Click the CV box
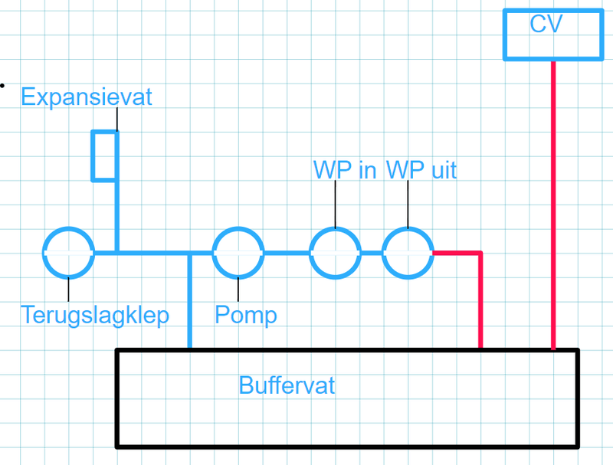pos(552,34)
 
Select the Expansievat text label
pos(87,97)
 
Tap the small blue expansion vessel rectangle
pos(104,156)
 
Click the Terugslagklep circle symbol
pos(69,252)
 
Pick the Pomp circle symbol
pos(238,252)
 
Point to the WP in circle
pos(335,252)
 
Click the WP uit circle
pos(408,252)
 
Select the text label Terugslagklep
pos(95,315)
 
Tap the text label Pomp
pos(245,315)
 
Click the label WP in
pos(345,169)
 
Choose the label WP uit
pos(421,169)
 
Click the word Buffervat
pos(287,385)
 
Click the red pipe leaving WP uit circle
pos(480,299)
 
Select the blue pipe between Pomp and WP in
pos(287,252)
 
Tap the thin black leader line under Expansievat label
pos(117,120)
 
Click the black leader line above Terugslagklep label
pos(69,290)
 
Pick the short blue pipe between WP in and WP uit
pos(372,252)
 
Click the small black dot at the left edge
pos(2,85)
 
